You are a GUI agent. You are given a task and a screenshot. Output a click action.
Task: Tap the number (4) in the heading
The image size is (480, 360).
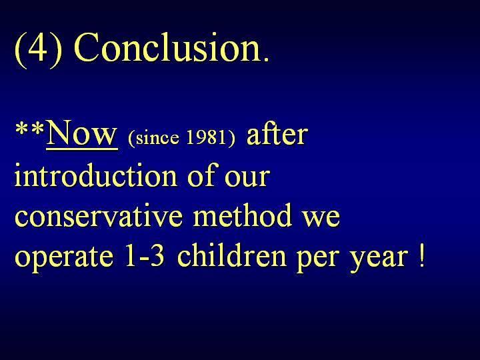38,49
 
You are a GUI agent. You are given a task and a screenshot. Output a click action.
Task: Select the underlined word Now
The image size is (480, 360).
82,134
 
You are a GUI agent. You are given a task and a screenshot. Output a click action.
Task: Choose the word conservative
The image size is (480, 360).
99,215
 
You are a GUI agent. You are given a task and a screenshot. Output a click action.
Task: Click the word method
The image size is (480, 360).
242,215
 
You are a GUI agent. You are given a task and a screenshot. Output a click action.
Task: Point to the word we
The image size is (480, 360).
321,219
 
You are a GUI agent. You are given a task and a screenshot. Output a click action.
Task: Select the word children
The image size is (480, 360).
232,255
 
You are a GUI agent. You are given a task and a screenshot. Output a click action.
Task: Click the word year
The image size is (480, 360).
379,259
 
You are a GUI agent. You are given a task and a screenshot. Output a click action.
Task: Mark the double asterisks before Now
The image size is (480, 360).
30,129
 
